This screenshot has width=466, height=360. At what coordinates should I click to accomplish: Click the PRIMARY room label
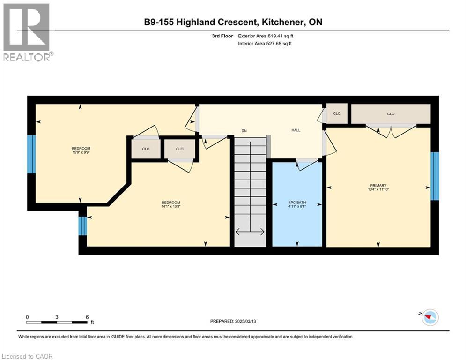click(x=377, y=185)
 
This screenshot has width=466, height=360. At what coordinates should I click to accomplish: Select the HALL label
click(x=296, y=131)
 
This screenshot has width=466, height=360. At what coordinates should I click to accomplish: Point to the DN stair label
click(x=244, y=131)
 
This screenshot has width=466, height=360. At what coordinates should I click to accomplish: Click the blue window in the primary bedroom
click(x=435, y=176)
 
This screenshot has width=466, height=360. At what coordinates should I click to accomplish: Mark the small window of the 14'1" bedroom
click(x=83, y=226)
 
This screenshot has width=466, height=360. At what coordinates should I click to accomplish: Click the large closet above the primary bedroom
click(x=391, y=114)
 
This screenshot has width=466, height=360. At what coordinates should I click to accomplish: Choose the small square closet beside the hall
click(x=337, y=113)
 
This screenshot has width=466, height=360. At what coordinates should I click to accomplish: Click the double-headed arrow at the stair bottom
click(x=250, y=231)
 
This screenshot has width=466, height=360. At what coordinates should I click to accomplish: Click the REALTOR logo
click(x=27, y=31)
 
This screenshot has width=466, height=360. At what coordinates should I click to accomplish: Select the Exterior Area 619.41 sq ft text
click(x=266, y=36)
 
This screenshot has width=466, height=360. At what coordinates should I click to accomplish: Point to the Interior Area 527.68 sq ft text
click(x=265, y=44)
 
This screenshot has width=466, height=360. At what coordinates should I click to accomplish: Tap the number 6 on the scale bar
click(x=87, y=317)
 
